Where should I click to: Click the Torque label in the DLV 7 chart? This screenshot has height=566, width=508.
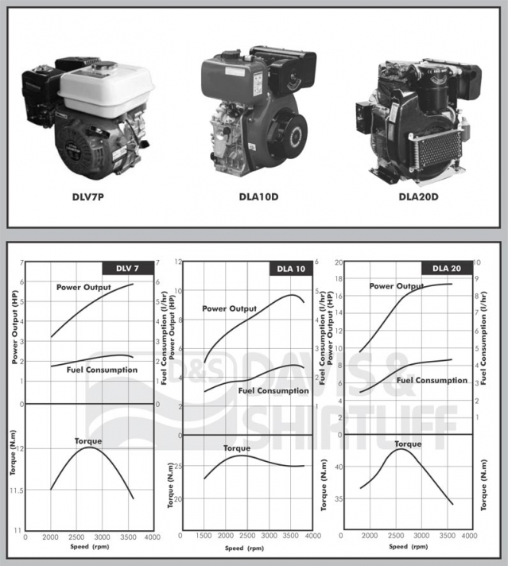(87, 440)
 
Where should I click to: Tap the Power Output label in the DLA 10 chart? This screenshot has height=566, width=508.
(229, 308)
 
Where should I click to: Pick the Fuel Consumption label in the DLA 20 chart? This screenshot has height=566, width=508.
(432, 380)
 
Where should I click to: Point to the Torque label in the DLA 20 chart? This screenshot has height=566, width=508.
(407, 444)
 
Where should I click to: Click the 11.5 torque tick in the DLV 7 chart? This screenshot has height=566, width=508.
(16, 490)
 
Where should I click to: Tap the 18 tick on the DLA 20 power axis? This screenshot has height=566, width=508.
(339, 279)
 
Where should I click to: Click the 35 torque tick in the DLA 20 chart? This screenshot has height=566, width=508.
(338, 500)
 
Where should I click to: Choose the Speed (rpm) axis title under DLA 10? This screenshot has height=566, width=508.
(243, 549)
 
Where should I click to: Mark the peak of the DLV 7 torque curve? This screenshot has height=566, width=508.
(89, 448)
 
